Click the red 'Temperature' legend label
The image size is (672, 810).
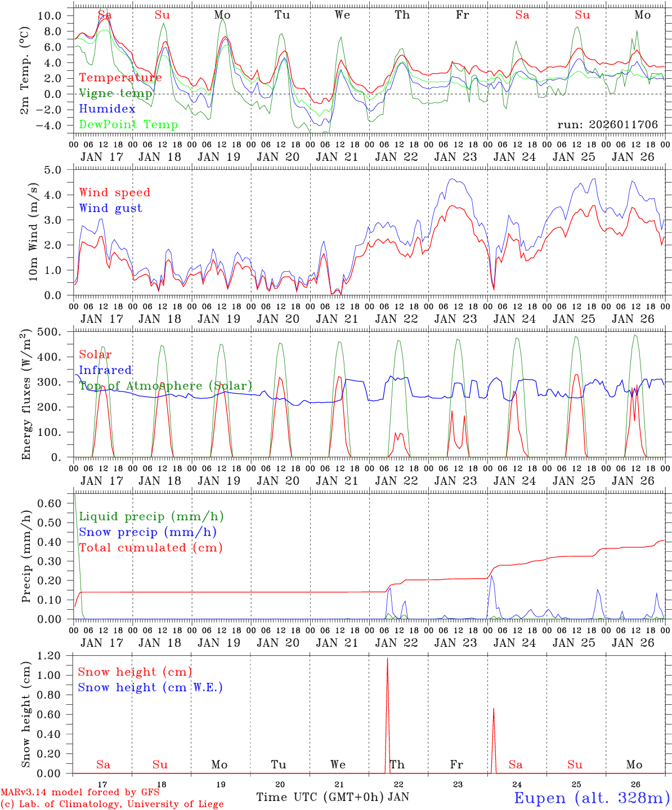(x=120, y=78)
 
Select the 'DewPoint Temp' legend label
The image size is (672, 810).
(x=128, y=125)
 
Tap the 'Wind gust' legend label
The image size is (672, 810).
(x=110, y=208)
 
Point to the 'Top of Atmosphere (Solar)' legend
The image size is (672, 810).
(x=165, y=386)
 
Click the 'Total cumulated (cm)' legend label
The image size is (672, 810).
(x=151, y=547)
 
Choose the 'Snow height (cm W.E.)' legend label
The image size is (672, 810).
(x=150, y=687)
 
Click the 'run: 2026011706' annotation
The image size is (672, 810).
(x=607, y=125)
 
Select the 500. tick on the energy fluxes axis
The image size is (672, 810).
(x=50, y=332)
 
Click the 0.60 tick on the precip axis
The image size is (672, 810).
(x=50, y=503)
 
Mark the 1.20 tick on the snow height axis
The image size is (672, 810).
(x=50, y=656)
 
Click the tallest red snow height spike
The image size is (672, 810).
(x=387, y=659)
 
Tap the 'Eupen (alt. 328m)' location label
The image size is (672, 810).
(x=592, y=798)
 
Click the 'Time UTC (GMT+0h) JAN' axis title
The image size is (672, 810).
(x=333, y=797)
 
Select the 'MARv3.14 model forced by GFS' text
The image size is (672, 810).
(x=80, y=793)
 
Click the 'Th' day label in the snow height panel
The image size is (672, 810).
(x=397, y=764)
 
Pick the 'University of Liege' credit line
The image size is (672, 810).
(x=111, y=804)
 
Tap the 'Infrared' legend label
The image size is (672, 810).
(x=105, y=370)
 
